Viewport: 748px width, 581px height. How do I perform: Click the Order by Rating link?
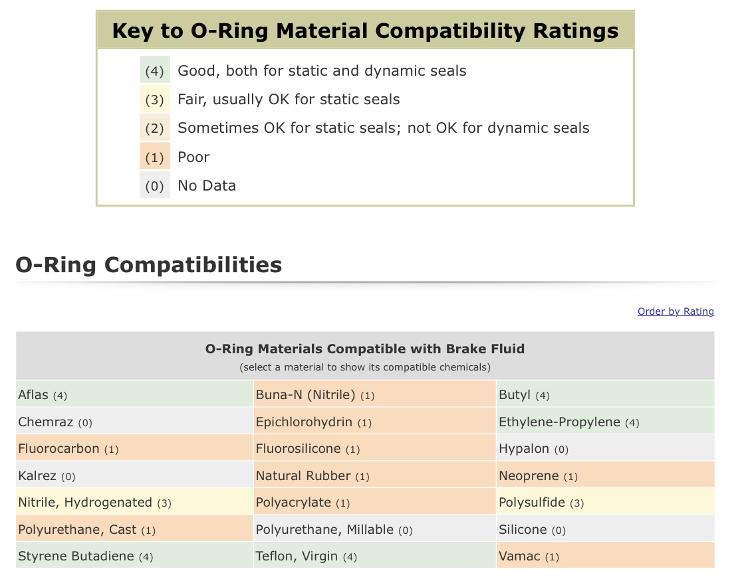click(x=676, y=311)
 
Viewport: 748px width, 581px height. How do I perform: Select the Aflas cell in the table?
click(x=134, y=394)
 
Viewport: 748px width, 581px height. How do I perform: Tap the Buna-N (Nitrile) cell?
click(x=374, y=394)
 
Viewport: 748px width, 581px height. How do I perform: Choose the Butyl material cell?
click(x=605, y=394)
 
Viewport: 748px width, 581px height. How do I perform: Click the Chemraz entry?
click(x=134, y=421)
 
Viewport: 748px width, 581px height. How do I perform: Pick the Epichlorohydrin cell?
click(x=374, y=421)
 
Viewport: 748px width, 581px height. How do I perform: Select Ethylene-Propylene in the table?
click(x=605, y=421)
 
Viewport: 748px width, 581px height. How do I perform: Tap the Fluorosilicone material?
click(x=374, y=448)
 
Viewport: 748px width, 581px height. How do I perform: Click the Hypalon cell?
click(x=605, y=448)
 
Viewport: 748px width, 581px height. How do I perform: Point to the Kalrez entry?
click(x=134, y=475)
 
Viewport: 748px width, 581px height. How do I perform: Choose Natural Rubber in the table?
click(x=374, y=475)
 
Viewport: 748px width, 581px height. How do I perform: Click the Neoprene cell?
click(x=605, y=475)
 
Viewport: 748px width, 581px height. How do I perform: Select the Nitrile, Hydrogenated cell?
click(x=134, y=501)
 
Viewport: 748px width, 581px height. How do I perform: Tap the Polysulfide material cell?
click(x=605, y=501)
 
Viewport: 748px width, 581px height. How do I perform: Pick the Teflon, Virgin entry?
click(x=374, y=555)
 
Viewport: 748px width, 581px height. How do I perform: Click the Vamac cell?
click(x=605, y=555)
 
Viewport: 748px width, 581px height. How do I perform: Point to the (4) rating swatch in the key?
click(x=154, y=70)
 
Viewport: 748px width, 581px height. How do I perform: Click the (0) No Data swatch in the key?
click(x=154, y=185)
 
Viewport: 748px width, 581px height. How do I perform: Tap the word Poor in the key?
click(x=193, y=157)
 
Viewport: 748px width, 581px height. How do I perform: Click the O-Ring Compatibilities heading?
click(x=149, y=264)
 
